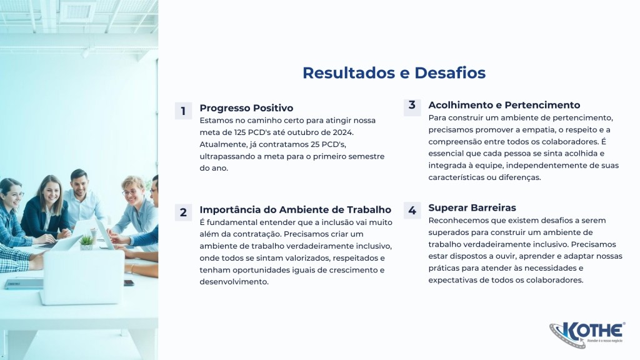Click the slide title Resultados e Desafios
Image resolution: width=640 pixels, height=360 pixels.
[394, 73]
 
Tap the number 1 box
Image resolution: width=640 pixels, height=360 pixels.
[183, 111]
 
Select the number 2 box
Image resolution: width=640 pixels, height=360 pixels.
[183, 212]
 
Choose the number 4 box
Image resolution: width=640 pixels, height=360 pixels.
[412, 210]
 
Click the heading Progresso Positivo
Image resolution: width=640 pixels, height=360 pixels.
[246, 108]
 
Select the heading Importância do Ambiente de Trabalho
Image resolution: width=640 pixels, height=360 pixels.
[296, 210]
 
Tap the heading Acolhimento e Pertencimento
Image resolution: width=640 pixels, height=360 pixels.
[504, 105]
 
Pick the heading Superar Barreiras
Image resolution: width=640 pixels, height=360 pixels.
[472, 207]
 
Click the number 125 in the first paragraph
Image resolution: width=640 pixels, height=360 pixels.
[240, 132]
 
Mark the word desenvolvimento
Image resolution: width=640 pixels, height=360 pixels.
[233, 282]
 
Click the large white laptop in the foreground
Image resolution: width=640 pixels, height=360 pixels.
[82, 277]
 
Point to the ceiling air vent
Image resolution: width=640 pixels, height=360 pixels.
[77, 12]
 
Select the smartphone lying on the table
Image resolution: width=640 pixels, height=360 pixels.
[129, 283]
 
